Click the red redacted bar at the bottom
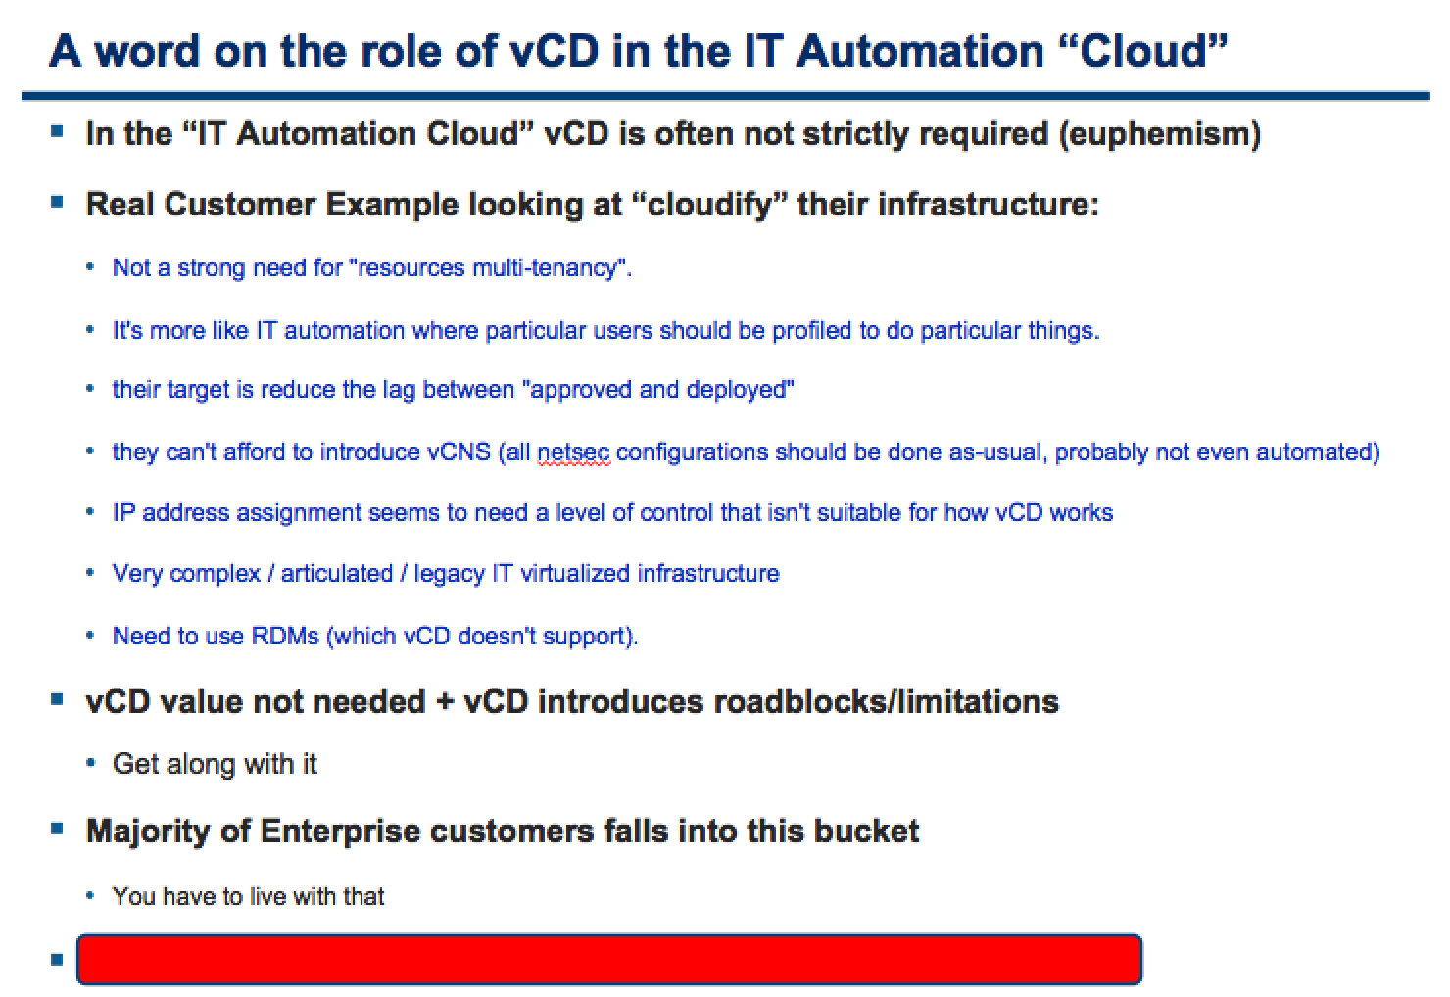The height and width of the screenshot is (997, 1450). (609, 960)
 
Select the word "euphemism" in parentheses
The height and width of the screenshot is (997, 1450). (1160, 134)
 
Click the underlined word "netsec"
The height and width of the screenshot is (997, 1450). (573, 451)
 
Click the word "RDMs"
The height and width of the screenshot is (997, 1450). (285, 636)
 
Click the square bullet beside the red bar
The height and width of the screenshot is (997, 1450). (57, 960)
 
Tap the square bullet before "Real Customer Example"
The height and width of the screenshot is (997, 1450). (57, 202)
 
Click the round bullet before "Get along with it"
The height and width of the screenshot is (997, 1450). (90, 764)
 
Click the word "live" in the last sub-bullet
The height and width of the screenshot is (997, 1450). (268, 897)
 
